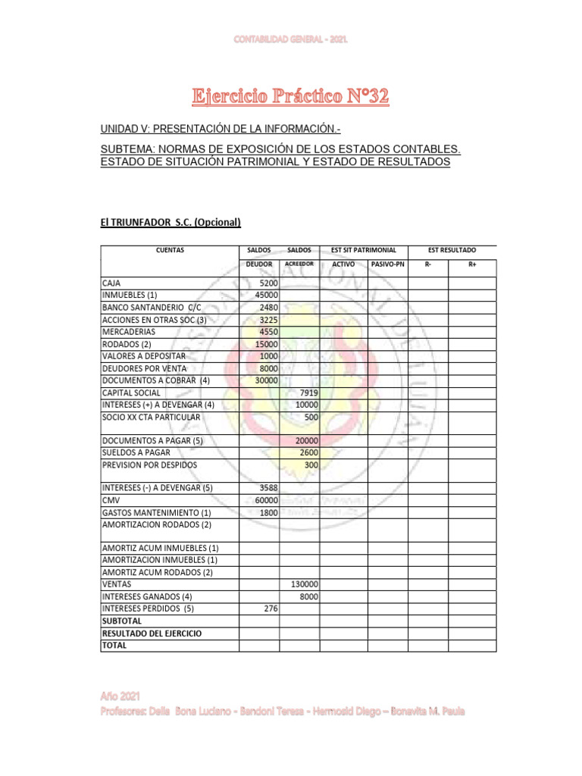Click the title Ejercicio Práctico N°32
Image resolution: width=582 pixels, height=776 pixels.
click(290, 96)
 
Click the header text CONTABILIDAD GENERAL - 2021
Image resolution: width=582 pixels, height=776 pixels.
click(291, 39)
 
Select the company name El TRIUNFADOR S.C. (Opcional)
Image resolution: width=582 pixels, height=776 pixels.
click(171, 222)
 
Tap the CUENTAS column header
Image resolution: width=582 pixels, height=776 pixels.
click(169, 250)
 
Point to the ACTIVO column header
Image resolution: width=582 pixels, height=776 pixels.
click(343, 264)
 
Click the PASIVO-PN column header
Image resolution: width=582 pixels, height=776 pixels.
click(388, 264)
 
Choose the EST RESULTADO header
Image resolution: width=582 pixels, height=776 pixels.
click(452, 250)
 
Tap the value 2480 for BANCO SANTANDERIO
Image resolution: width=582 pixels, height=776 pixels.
click(268, 307)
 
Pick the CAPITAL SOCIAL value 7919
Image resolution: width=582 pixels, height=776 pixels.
click(308, 393)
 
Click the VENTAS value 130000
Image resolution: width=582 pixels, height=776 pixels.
click(305, 584)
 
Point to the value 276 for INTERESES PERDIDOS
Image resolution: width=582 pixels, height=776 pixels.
click(271, 609)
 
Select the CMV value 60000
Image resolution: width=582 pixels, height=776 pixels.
click(266, 500)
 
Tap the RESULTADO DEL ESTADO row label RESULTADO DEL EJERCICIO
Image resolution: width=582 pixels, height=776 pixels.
click(152, 633)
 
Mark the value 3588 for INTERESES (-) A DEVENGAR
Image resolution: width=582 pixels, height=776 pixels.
click(268, 488)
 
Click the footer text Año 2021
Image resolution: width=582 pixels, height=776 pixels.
click(120, 696)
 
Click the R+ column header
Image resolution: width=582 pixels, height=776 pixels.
click(472, 264)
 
